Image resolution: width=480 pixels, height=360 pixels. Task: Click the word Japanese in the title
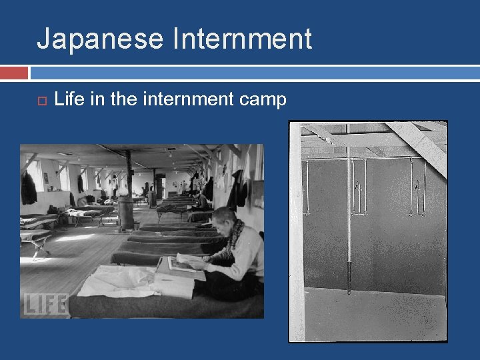click(100, 39)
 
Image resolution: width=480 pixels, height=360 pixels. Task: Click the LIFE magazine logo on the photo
click(45, 304)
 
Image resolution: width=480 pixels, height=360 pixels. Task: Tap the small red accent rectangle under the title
click(14, 72)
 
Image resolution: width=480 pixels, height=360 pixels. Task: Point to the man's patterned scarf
click(234, 240)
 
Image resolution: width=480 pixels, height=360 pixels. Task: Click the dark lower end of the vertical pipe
click(348, 279)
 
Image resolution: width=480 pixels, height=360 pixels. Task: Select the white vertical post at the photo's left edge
click(296, 233)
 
